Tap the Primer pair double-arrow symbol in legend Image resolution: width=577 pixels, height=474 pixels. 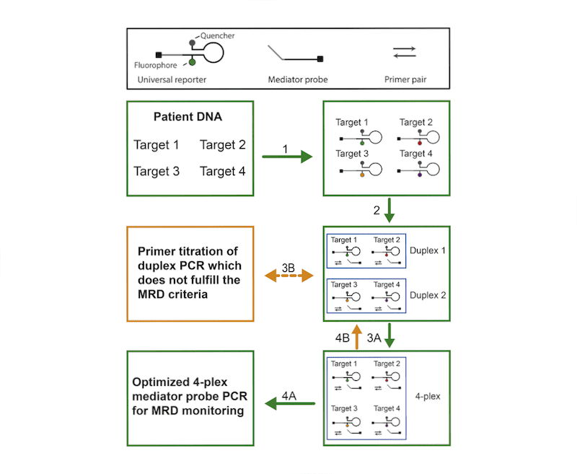coord(404,52)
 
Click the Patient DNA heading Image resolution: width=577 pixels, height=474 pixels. coord(189,117)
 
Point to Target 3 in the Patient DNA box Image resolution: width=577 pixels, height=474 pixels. coord(156,171)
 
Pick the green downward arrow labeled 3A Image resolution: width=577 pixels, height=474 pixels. coord(389,335)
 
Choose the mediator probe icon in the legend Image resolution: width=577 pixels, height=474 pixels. coord(294,53)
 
